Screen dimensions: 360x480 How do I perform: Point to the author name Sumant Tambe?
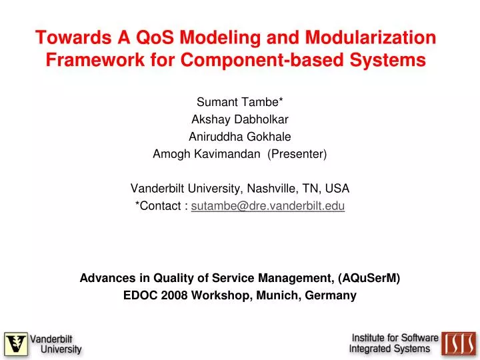point(239,102)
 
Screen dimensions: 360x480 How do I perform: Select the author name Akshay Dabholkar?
point(239,119)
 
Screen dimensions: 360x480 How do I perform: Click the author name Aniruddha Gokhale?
point(239,137)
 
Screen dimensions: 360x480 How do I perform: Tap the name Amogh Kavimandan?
point(208,154)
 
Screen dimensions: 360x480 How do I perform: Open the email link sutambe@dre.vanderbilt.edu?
point(268,206)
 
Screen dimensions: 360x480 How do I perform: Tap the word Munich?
point(277,295)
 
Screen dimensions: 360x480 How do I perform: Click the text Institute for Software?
point(395,338)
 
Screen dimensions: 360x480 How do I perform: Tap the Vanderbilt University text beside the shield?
point(55,344)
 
